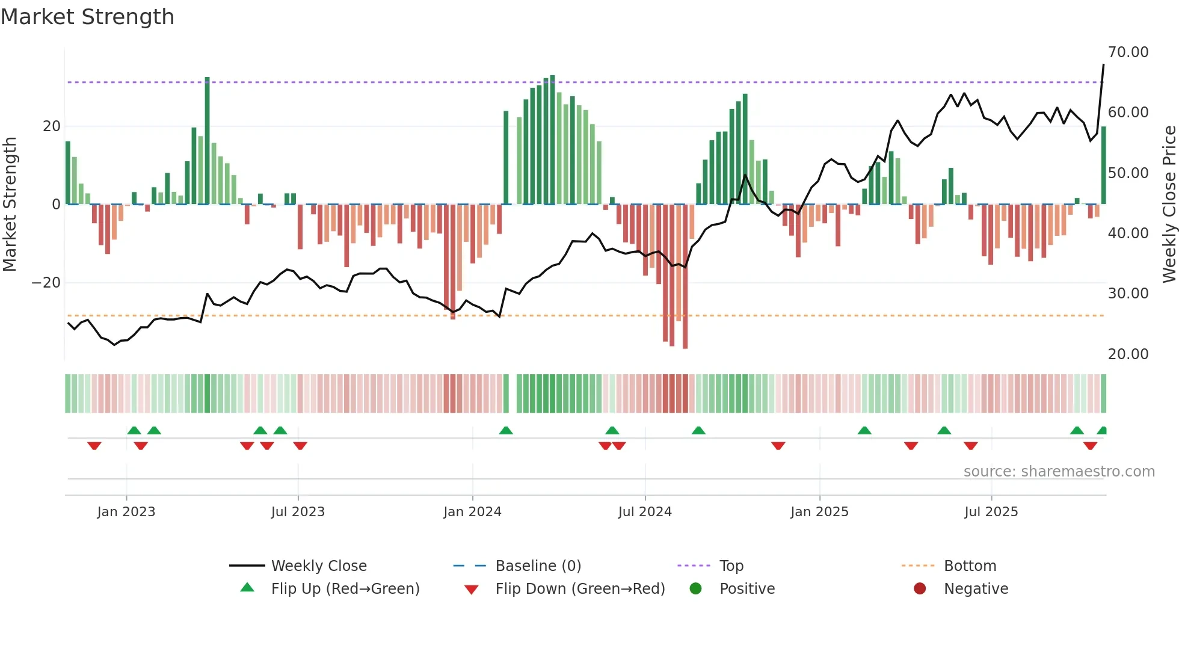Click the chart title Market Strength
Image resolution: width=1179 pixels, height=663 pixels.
[x=87, y=17]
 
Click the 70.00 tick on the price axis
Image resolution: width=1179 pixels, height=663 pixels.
[x=1128, y=52]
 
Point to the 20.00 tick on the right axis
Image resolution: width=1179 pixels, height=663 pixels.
[x=1128, y=354]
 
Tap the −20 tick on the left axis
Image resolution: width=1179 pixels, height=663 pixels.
[x=46, y=283]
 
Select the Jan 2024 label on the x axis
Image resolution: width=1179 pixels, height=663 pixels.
[x=472, y=512]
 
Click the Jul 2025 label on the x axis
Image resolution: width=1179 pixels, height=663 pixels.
[x=991, y=512]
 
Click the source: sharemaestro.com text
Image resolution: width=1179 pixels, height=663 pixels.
[x=1059, y=472]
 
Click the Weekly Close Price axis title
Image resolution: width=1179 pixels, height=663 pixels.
[x=1169, y=205]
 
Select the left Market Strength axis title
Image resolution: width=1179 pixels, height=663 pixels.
[x=10, y=205]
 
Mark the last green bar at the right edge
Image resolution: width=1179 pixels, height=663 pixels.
[x=1104, y=165]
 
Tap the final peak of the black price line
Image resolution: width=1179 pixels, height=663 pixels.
[x=1103, y=65]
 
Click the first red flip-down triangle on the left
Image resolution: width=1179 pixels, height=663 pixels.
[x=94, y=446]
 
